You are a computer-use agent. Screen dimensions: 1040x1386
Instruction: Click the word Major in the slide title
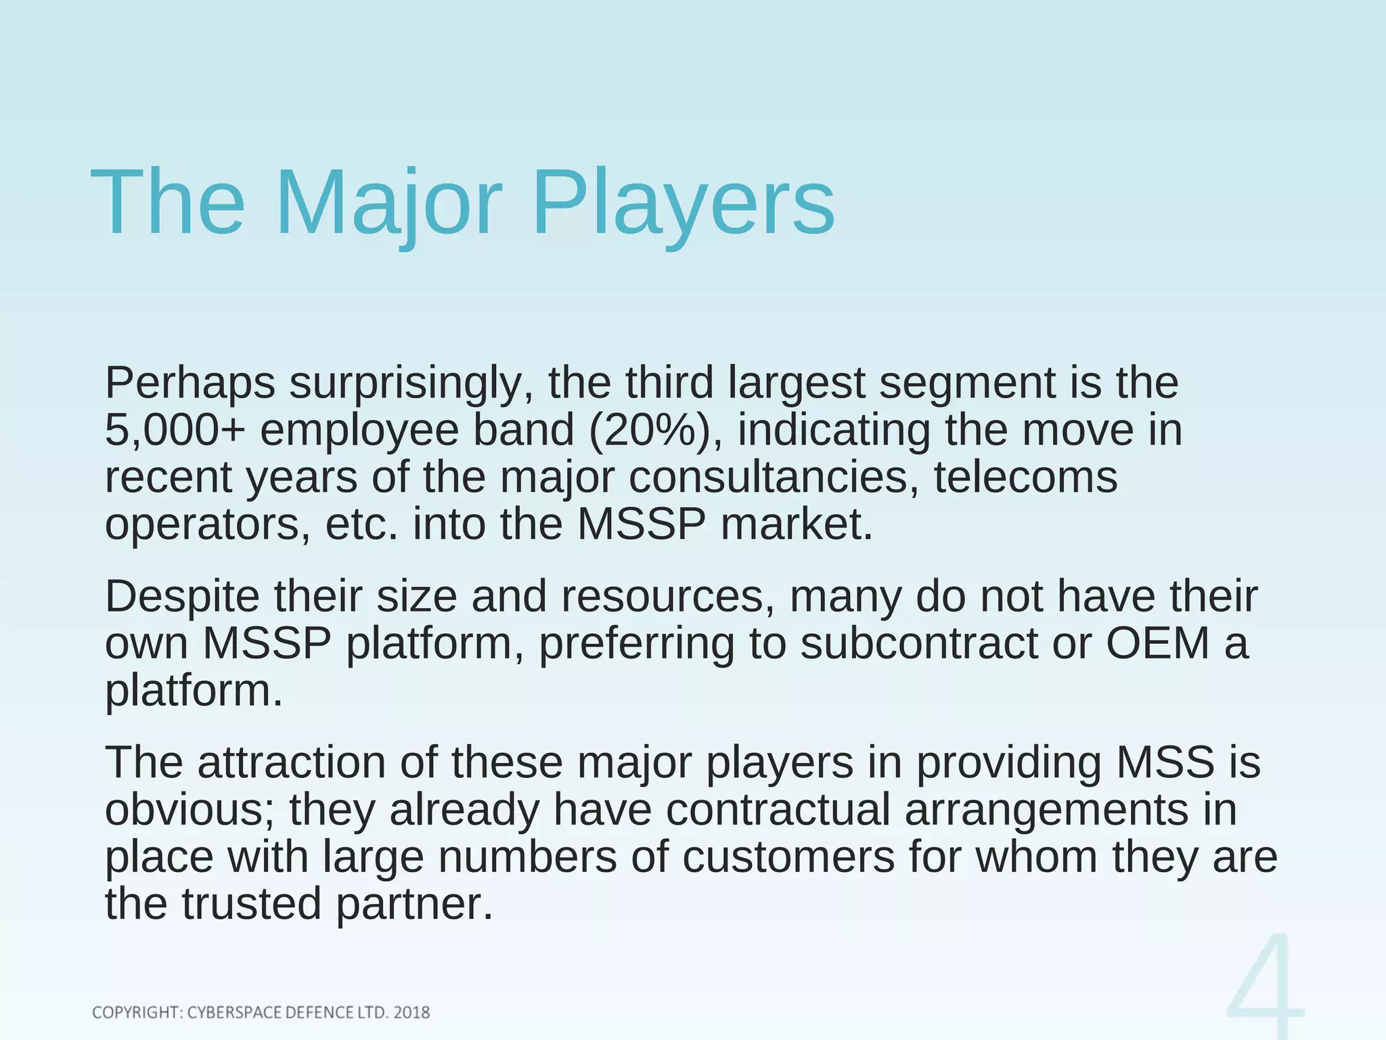(x=388, y=203)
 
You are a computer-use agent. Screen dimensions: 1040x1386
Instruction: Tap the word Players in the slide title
(x=684, y=203)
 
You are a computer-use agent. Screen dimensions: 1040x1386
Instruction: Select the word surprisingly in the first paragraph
(x=405, y=384)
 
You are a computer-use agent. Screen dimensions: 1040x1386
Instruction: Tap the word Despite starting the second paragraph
(x=182, y=597)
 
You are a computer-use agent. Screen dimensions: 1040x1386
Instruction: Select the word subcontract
(x=918, y=644)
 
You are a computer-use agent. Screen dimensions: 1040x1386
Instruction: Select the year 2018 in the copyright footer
(x=411, y=1013)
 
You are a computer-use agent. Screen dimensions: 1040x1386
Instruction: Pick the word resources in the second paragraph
(x=667, y=597)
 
